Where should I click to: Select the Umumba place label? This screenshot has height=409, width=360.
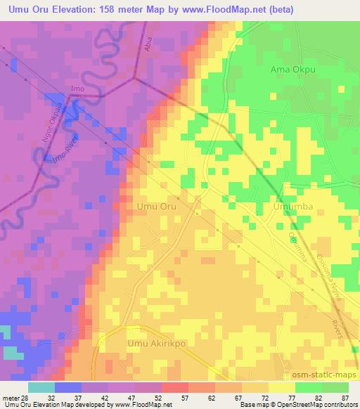(291, 208)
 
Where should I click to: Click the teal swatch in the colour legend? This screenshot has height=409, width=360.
(41, 387)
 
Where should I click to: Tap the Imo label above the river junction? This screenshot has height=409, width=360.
(77, 89)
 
